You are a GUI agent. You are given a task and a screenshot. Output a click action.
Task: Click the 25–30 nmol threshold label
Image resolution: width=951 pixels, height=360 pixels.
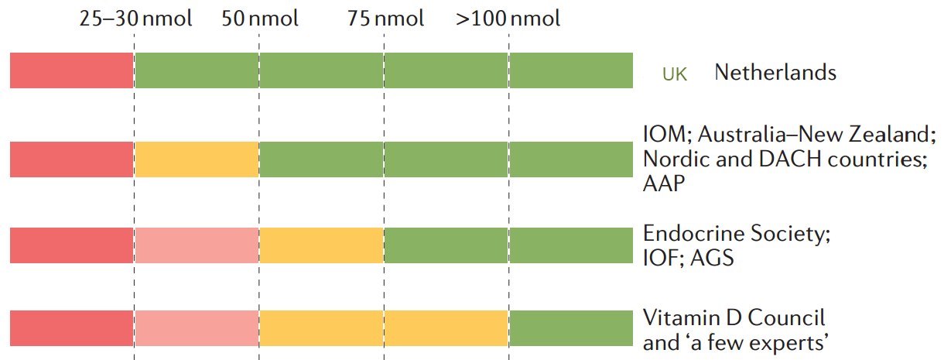[x=136, y=19]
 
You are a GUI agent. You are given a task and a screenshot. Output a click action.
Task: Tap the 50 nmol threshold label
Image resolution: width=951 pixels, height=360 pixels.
[x=259, y=19]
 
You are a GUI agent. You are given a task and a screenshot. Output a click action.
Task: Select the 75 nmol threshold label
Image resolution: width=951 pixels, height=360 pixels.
[x=386, y=19]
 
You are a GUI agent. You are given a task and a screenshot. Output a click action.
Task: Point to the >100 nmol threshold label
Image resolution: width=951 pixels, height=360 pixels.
[x=508, y=19]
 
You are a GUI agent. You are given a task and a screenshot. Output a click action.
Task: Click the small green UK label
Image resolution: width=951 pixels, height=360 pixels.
[x=674, y=74]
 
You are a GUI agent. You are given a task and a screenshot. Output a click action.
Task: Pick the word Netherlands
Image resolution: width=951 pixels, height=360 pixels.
[x=775, y=73]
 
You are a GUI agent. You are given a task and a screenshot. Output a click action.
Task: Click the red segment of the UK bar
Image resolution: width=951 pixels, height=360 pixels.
[x=72, y=70]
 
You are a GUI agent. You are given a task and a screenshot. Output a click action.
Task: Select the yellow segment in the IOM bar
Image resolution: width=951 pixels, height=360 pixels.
[x=197, y=160]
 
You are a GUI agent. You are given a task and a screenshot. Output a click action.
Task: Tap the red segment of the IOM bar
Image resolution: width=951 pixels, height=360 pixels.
[x=72, y=160]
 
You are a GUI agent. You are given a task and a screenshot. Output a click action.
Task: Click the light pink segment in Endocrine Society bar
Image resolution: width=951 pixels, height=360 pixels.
[x=197, y=245]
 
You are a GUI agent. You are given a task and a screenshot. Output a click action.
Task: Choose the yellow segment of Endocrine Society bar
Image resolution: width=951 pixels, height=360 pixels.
[x=321, y=245]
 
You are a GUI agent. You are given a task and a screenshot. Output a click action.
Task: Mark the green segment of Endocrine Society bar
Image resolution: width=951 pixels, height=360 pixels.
[x=508, y=245]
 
